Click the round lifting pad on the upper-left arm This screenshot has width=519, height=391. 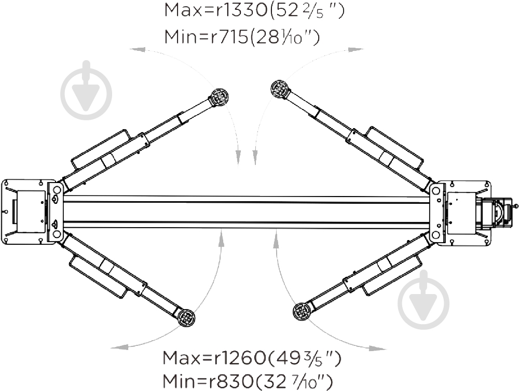220,97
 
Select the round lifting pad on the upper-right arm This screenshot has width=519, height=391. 279,89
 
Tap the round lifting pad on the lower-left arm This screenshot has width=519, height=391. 186,317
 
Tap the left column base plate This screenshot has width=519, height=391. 23,211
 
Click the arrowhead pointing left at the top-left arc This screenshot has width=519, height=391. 136,50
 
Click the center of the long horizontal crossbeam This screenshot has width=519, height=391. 247,212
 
